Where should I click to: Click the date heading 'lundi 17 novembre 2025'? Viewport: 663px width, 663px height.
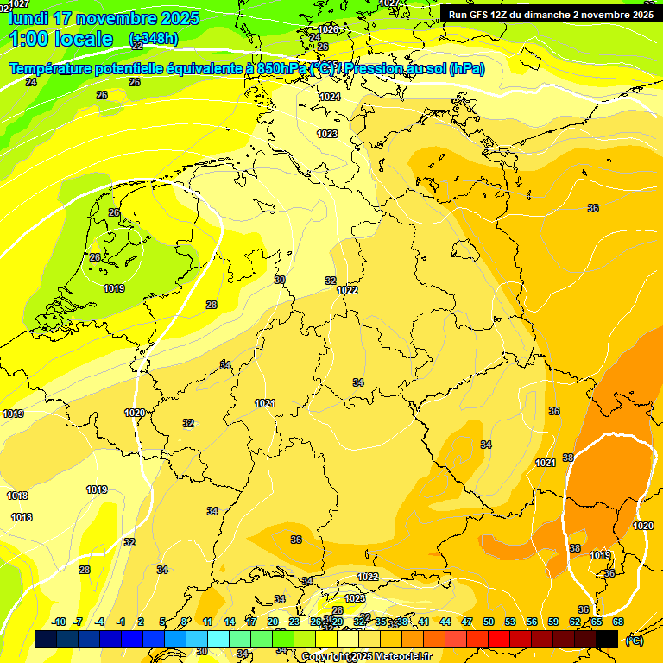(104, 18)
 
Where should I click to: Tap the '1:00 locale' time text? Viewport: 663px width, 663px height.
(61, 39)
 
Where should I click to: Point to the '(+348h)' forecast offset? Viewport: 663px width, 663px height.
(153, 39)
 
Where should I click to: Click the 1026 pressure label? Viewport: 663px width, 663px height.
(328, 29)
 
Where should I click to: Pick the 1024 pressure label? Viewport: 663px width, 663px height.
(330, 97)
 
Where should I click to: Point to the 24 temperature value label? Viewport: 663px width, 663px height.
(31, 82)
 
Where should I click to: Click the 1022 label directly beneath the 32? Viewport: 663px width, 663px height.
(347, 291)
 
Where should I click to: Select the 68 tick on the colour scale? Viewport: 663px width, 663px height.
(618, 622)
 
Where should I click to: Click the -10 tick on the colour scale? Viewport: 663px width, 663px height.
(59, 622)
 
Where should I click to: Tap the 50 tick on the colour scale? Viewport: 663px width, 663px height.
(489, 622)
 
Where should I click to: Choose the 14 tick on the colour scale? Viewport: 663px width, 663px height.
(230, 622)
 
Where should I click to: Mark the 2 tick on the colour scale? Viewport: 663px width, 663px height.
(141, 622)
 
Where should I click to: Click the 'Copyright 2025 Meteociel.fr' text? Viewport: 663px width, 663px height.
(366, 656)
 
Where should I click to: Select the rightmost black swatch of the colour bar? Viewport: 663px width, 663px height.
(607, 639)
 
